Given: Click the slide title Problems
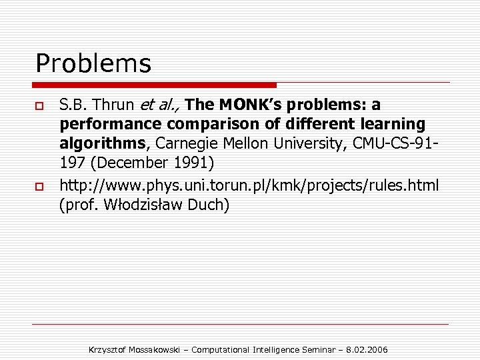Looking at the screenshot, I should point(93,64).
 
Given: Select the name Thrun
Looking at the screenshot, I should point(117,105).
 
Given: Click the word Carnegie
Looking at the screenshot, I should point(187,143).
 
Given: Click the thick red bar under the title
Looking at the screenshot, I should point(155,85).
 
